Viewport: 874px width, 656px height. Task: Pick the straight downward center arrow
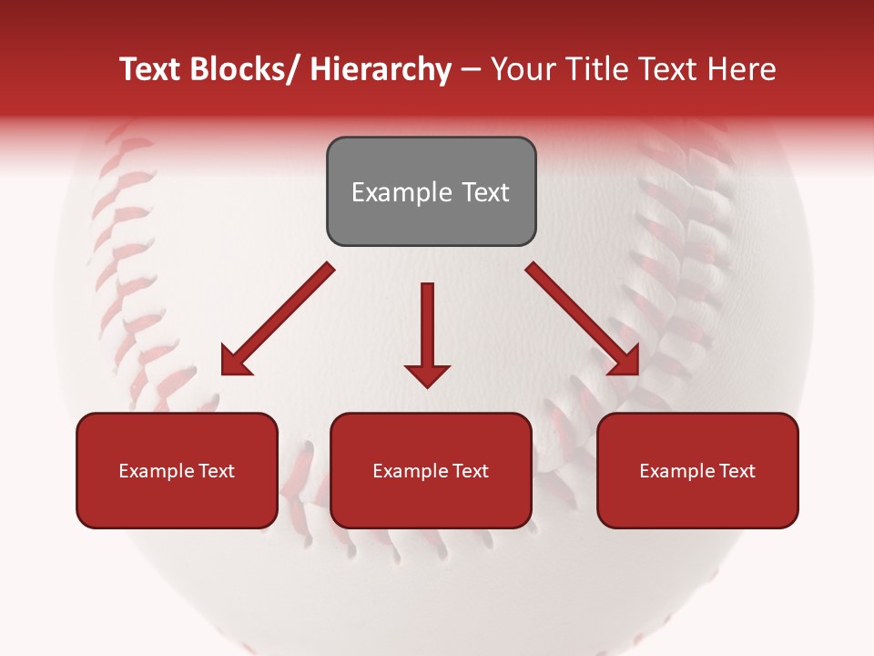pos(427,328)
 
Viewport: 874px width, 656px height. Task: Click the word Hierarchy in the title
pos(381,70)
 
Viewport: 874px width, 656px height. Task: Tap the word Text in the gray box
pos(484,192)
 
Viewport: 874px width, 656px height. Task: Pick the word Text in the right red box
pos(737,471)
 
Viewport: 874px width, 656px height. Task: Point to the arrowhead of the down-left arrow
pos(235,362)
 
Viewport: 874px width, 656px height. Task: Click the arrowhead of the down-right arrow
pos(625,362)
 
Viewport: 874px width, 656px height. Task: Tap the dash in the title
pos(471,71)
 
